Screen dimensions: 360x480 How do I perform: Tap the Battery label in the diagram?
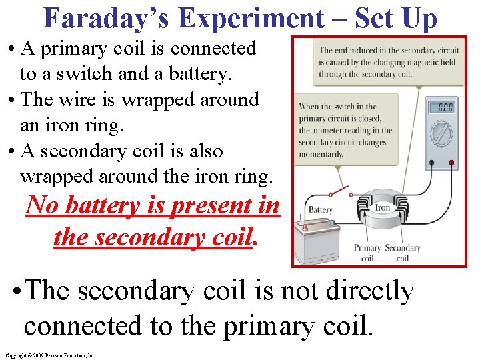pos(320,210)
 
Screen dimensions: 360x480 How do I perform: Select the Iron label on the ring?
pos(382,207)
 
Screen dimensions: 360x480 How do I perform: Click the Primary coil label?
pos(367,253)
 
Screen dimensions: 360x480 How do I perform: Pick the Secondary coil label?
pos(402,253)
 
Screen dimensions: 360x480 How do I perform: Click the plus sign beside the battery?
pos(300,217)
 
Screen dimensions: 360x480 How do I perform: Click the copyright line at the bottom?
pos(50,355)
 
